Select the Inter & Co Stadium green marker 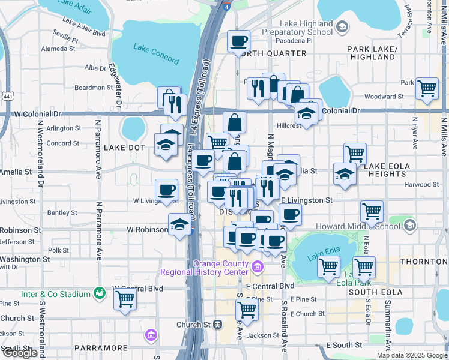(100, 293)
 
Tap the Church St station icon (218, 325)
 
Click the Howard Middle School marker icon (410, 226)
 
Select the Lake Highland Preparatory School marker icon (342, 26)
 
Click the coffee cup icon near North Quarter (239, 41)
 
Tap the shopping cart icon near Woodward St (427, 88)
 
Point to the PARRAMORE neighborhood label (101, 348)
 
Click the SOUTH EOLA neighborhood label (375, 292)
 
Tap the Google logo (20, 353)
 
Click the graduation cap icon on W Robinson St (179, 224)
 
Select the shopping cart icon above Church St (247, 310)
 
